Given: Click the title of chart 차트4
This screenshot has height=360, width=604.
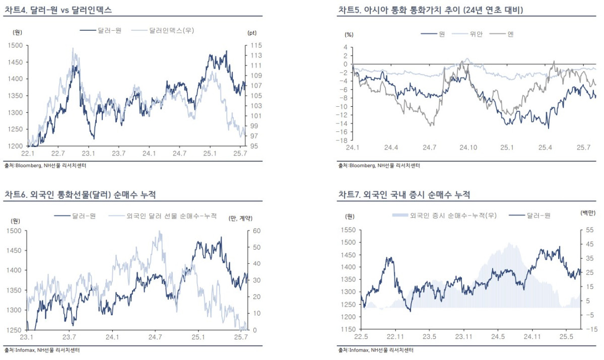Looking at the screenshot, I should coord(58,10).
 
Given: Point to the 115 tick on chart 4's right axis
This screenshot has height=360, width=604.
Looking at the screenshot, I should coord(253,45).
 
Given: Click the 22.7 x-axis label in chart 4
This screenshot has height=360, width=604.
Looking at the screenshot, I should coord(58,153).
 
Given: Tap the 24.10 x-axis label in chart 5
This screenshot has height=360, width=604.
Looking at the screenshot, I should coord(467,148).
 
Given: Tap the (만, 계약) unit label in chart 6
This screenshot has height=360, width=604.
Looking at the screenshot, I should coord(240,218).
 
